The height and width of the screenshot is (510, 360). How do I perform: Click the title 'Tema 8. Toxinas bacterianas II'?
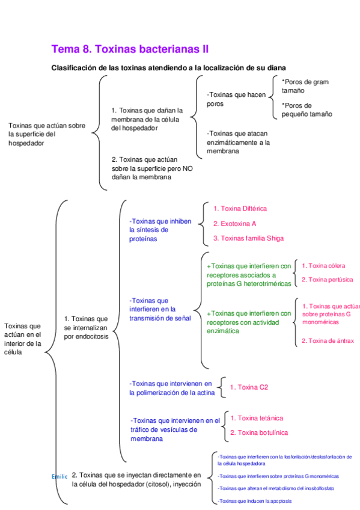pyautogui.click(x=130, y=49)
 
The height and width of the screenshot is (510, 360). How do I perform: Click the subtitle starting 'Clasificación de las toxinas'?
pyautogui.click(x=168, y=68)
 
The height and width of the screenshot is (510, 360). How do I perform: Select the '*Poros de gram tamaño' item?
pyautogui.click(x=305, y=86)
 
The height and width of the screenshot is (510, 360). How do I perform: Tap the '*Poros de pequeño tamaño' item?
pyautogui.click(x=306, y=109)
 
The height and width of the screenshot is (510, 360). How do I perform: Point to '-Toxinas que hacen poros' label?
pyautogui.click(x=236, y=99)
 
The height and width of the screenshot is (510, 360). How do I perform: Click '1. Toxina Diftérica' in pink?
pyautogui.click(x=240, y=209)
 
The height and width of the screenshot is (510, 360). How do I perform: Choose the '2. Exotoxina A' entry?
pyautogui.click(x=235, y=224)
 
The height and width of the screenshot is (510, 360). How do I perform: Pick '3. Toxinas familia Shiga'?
pyautogui.click(x=248, y=238)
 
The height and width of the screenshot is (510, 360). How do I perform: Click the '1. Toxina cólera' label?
pyautogui.click(x=323, y=265)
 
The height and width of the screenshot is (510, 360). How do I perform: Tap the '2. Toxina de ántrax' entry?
pyautogui.click(x=328, y=341)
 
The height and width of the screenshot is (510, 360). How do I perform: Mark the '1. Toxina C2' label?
pyautogui.click(x=249, y=387)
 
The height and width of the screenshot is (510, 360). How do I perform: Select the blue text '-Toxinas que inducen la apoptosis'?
pyautogui.click(x=255, y=500)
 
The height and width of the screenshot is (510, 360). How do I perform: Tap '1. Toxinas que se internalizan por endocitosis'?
pyautogui.click(x=86, y=327)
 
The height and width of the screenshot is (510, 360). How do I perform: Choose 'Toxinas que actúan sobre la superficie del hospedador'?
pyautogui.click(x=47, y=135)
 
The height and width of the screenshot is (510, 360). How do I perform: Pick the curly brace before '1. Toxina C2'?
pyautogui.click(x=222, y=387)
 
